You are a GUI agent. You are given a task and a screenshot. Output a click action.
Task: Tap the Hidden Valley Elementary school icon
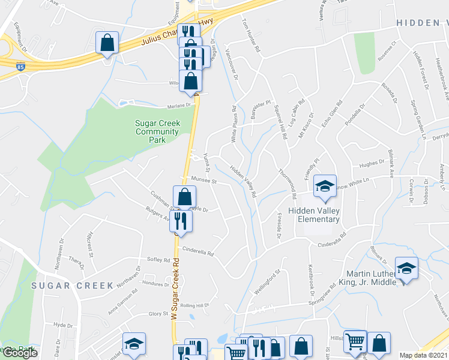[324, 186]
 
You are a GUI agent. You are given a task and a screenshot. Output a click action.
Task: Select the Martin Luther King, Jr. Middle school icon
[406, 268]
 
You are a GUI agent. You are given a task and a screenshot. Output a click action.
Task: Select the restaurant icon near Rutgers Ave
[181, 221]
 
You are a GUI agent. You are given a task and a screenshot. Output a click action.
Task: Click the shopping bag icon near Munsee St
[185, 196]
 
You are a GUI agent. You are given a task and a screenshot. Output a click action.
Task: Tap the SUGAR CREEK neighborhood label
[73, 285]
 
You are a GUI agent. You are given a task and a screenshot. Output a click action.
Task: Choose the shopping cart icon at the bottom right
[355, 341]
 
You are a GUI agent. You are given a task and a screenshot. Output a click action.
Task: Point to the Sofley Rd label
[158, 259]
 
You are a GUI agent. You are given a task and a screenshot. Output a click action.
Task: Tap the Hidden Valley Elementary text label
[313, 214]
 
